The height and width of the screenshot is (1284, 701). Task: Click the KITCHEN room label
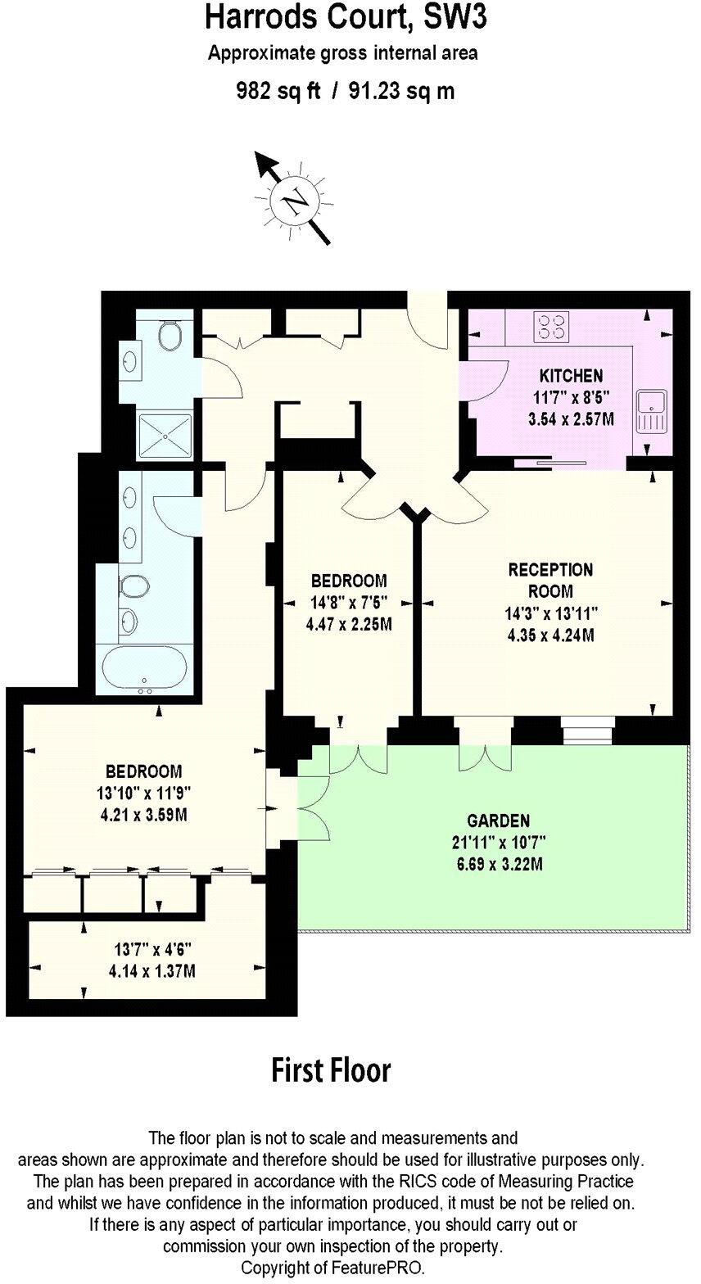pyautogui.click(x=571, y=377)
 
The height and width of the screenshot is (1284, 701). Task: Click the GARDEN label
pyautogui.click(x=498, y=821)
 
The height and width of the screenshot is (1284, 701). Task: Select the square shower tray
pyautogui.click(x=165, y=435)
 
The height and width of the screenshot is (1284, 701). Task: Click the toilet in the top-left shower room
pyautogui.click(x=171, y=335)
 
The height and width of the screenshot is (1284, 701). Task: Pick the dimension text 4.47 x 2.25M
pyautogui.click(x=349, y=624)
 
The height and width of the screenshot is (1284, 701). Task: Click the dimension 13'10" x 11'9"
pyautogui.click(x=143, y=793)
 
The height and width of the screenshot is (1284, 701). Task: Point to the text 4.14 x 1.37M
pyautogui.click(x=152, y=972)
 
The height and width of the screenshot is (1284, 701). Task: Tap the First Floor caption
pyautogui.click(x=332, y=1069)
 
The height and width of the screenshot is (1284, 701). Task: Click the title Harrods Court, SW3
pyautogui.click(x=345, y=18)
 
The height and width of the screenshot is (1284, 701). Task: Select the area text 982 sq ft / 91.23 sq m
pyautogui.click(x=345, y=91)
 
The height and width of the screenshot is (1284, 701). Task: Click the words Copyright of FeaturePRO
pyautogui.click(x=332, y=1268)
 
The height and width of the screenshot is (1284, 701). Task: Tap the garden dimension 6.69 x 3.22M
pyautogui.click(x=498, y=863)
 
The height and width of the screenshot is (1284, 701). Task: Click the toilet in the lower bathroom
pyautogui.click(x=134, y=586)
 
